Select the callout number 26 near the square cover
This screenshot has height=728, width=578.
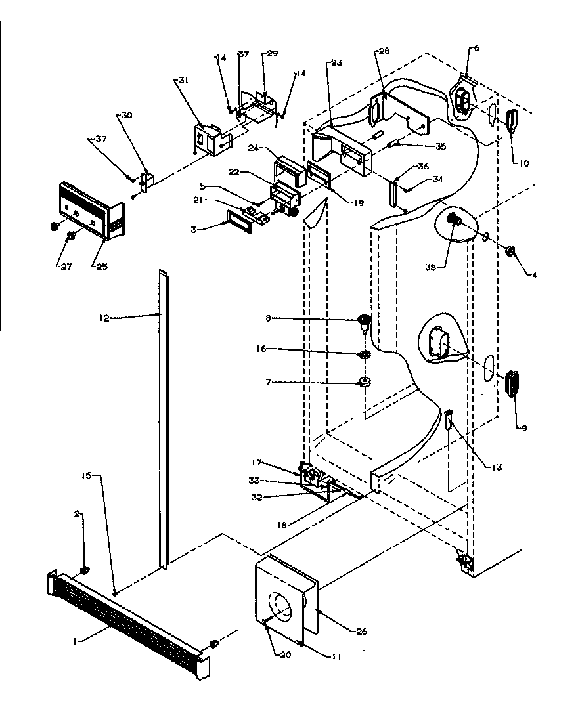click(x=361, y=631)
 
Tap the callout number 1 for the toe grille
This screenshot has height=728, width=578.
click(x=77, y=641)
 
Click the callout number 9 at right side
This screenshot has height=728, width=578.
click(x=524, y=428)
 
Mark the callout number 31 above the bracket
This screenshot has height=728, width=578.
click(x=183, y=80)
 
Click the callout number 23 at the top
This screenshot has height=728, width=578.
click(x=337, y=63)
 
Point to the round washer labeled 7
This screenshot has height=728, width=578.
click(x=363, y=381)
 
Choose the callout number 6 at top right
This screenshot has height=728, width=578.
click(x=476, y=47)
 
